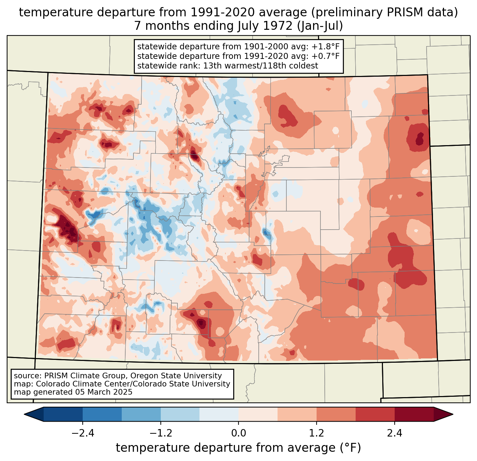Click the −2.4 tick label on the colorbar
point(82,433)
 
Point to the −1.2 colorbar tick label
point(160,433)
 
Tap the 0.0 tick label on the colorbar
point(238,433)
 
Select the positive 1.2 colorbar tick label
point(317,433)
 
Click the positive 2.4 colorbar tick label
point(395,433)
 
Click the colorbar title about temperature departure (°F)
point(238,448)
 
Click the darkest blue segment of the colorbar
point(63,414)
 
